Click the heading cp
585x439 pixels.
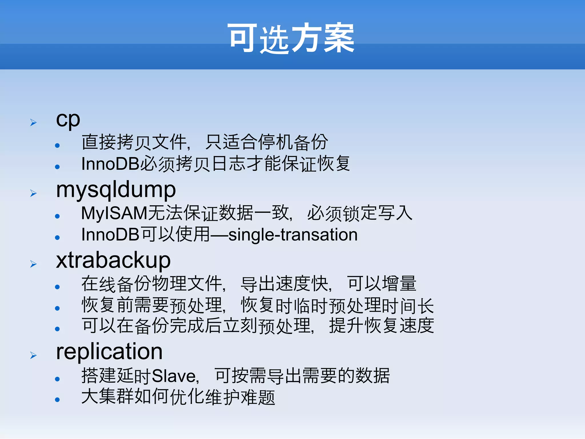(68, 119)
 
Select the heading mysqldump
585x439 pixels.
(116, 190)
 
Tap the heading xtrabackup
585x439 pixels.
(113, 260)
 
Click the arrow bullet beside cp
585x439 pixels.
(33, 123)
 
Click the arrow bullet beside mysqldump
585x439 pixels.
(33, 193)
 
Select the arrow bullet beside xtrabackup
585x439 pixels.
(33, 264)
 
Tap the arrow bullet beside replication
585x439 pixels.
(33, 355)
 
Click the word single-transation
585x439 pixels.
(293, 235)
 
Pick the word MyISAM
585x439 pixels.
(114, 213)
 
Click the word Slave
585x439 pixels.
(175, 376)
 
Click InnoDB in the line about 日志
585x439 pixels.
(110, 164)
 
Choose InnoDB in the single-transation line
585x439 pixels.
(110, 235)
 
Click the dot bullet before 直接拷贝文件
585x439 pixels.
(57, 145)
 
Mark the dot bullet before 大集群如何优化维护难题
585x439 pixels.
(57, 400)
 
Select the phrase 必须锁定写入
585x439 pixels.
(360, 213)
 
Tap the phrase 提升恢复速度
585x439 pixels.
(382, 325)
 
